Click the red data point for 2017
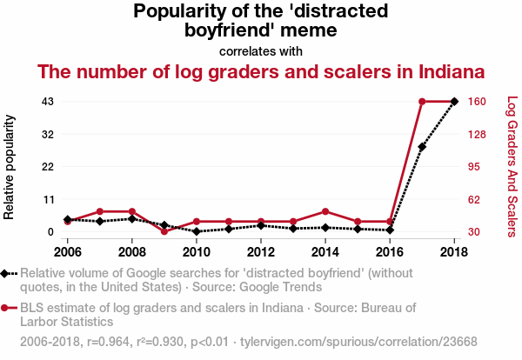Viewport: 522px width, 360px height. click(422, 102)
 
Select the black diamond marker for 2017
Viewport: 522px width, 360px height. click(422, 147)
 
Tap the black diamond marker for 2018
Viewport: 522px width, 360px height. click(454, 102)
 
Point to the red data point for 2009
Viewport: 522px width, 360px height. click(164, 231)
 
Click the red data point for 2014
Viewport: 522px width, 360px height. click(325, 211)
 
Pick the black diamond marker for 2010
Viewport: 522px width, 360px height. click(197, 231)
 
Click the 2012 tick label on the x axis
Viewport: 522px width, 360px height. click(261, 252)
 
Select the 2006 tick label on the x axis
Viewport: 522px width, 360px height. click(68, 252)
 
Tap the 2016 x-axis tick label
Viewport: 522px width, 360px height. click(390, 252)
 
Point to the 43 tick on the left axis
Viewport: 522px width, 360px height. click(48, 102)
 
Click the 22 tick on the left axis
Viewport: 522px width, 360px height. click(48, 166)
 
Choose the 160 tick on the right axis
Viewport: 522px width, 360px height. click(480, 102)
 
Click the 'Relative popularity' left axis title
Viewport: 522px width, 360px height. click(10, 166)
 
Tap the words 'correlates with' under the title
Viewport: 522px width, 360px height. click(261, 50)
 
